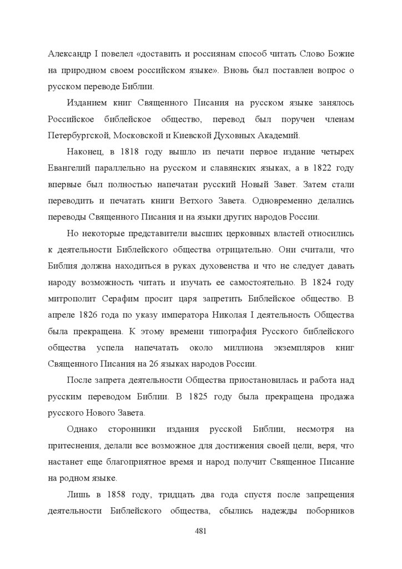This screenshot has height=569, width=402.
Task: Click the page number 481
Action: tap(201, 531)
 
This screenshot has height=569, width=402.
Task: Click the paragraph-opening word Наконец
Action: tap(84, 152)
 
